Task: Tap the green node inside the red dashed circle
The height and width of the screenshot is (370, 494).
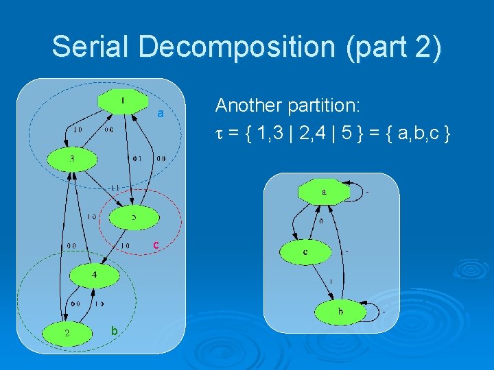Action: pyautogui.click(x=134, y=217)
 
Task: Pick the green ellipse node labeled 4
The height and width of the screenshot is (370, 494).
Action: pyautogui.click(x=95, y=275)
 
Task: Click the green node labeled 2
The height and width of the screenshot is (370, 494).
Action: pyautogui.click(x=67, y=333)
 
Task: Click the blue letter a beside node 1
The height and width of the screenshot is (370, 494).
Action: pyautogui.click(x=160, y=114)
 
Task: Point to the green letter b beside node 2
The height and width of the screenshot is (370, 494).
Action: pyautogui.click(x=115, y=331)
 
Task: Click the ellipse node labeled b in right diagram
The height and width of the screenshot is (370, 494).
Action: pyautogui.click(x=340, y=312)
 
